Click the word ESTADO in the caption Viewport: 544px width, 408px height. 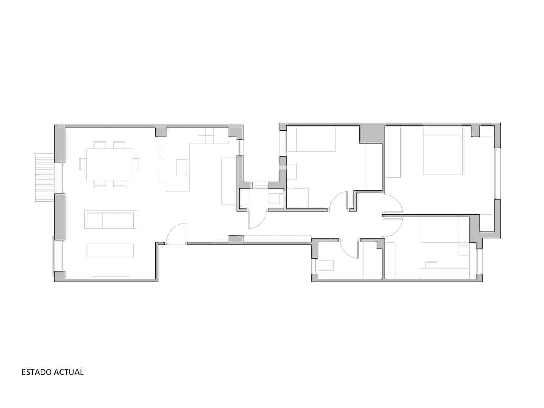click(37, 372)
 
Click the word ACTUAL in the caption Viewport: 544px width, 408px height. click(69, 372)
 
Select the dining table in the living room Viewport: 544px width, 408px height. click(109, 164)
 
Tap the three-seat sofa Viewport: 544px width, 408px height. click(110, 220)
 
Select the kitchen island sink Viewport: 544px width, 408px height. click(182, 167)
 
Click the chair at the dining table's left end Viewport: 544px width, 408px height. click(83, 164)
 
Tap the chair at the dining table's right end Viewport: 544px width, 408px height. click(137, 164)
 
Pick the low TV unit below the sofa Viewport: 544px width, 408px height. click(110, 251)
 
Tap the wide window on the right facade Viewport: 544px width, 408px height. click(496, 174)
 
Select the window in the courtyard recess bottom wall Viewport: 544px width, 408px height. click(260, 185)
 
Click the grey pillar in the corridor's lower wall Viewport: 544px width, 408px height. click(236, 239)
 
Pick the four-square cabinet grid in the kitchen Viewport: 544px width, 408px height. click(205, 136)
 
